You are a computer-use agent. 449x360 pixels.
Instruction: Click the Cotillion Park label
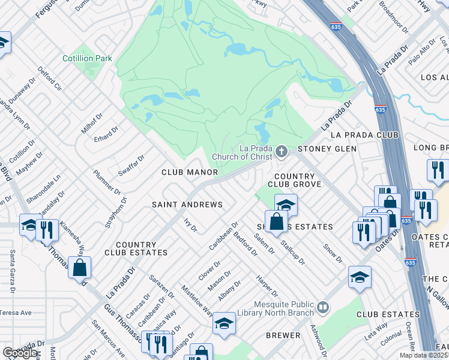click(88, 59)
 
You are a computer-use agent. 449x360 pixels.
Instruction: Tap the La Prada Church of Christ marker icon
click(281, 152)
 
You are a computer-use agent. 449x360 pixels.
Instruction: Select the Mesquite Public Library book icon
click(324, 307)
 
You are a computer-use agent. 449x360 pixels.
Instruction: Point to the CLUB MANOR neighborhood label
click(189, 172)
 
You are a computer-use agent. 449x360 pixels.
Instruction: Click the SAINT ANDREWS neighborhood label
click(187, 205)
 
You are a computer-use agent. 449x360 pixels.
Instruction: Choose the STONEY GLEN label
click(327, 149)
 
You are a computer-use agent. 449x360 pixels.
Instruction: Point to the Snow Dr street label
click(332, 253)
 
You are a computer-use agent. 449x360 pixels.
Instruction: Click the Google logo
click(21, 353)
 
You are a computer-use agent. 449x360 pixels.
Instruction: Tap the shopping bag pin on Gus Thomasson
click(79, 268)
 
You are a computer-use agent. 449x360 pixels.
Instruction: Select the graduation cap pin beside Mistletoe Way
click(224, 323)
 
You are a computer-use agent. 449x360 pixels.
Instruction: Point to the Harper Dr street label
click(267, 286)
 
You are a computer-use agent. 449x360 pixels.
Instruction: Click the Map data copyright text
click(424, 355)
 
